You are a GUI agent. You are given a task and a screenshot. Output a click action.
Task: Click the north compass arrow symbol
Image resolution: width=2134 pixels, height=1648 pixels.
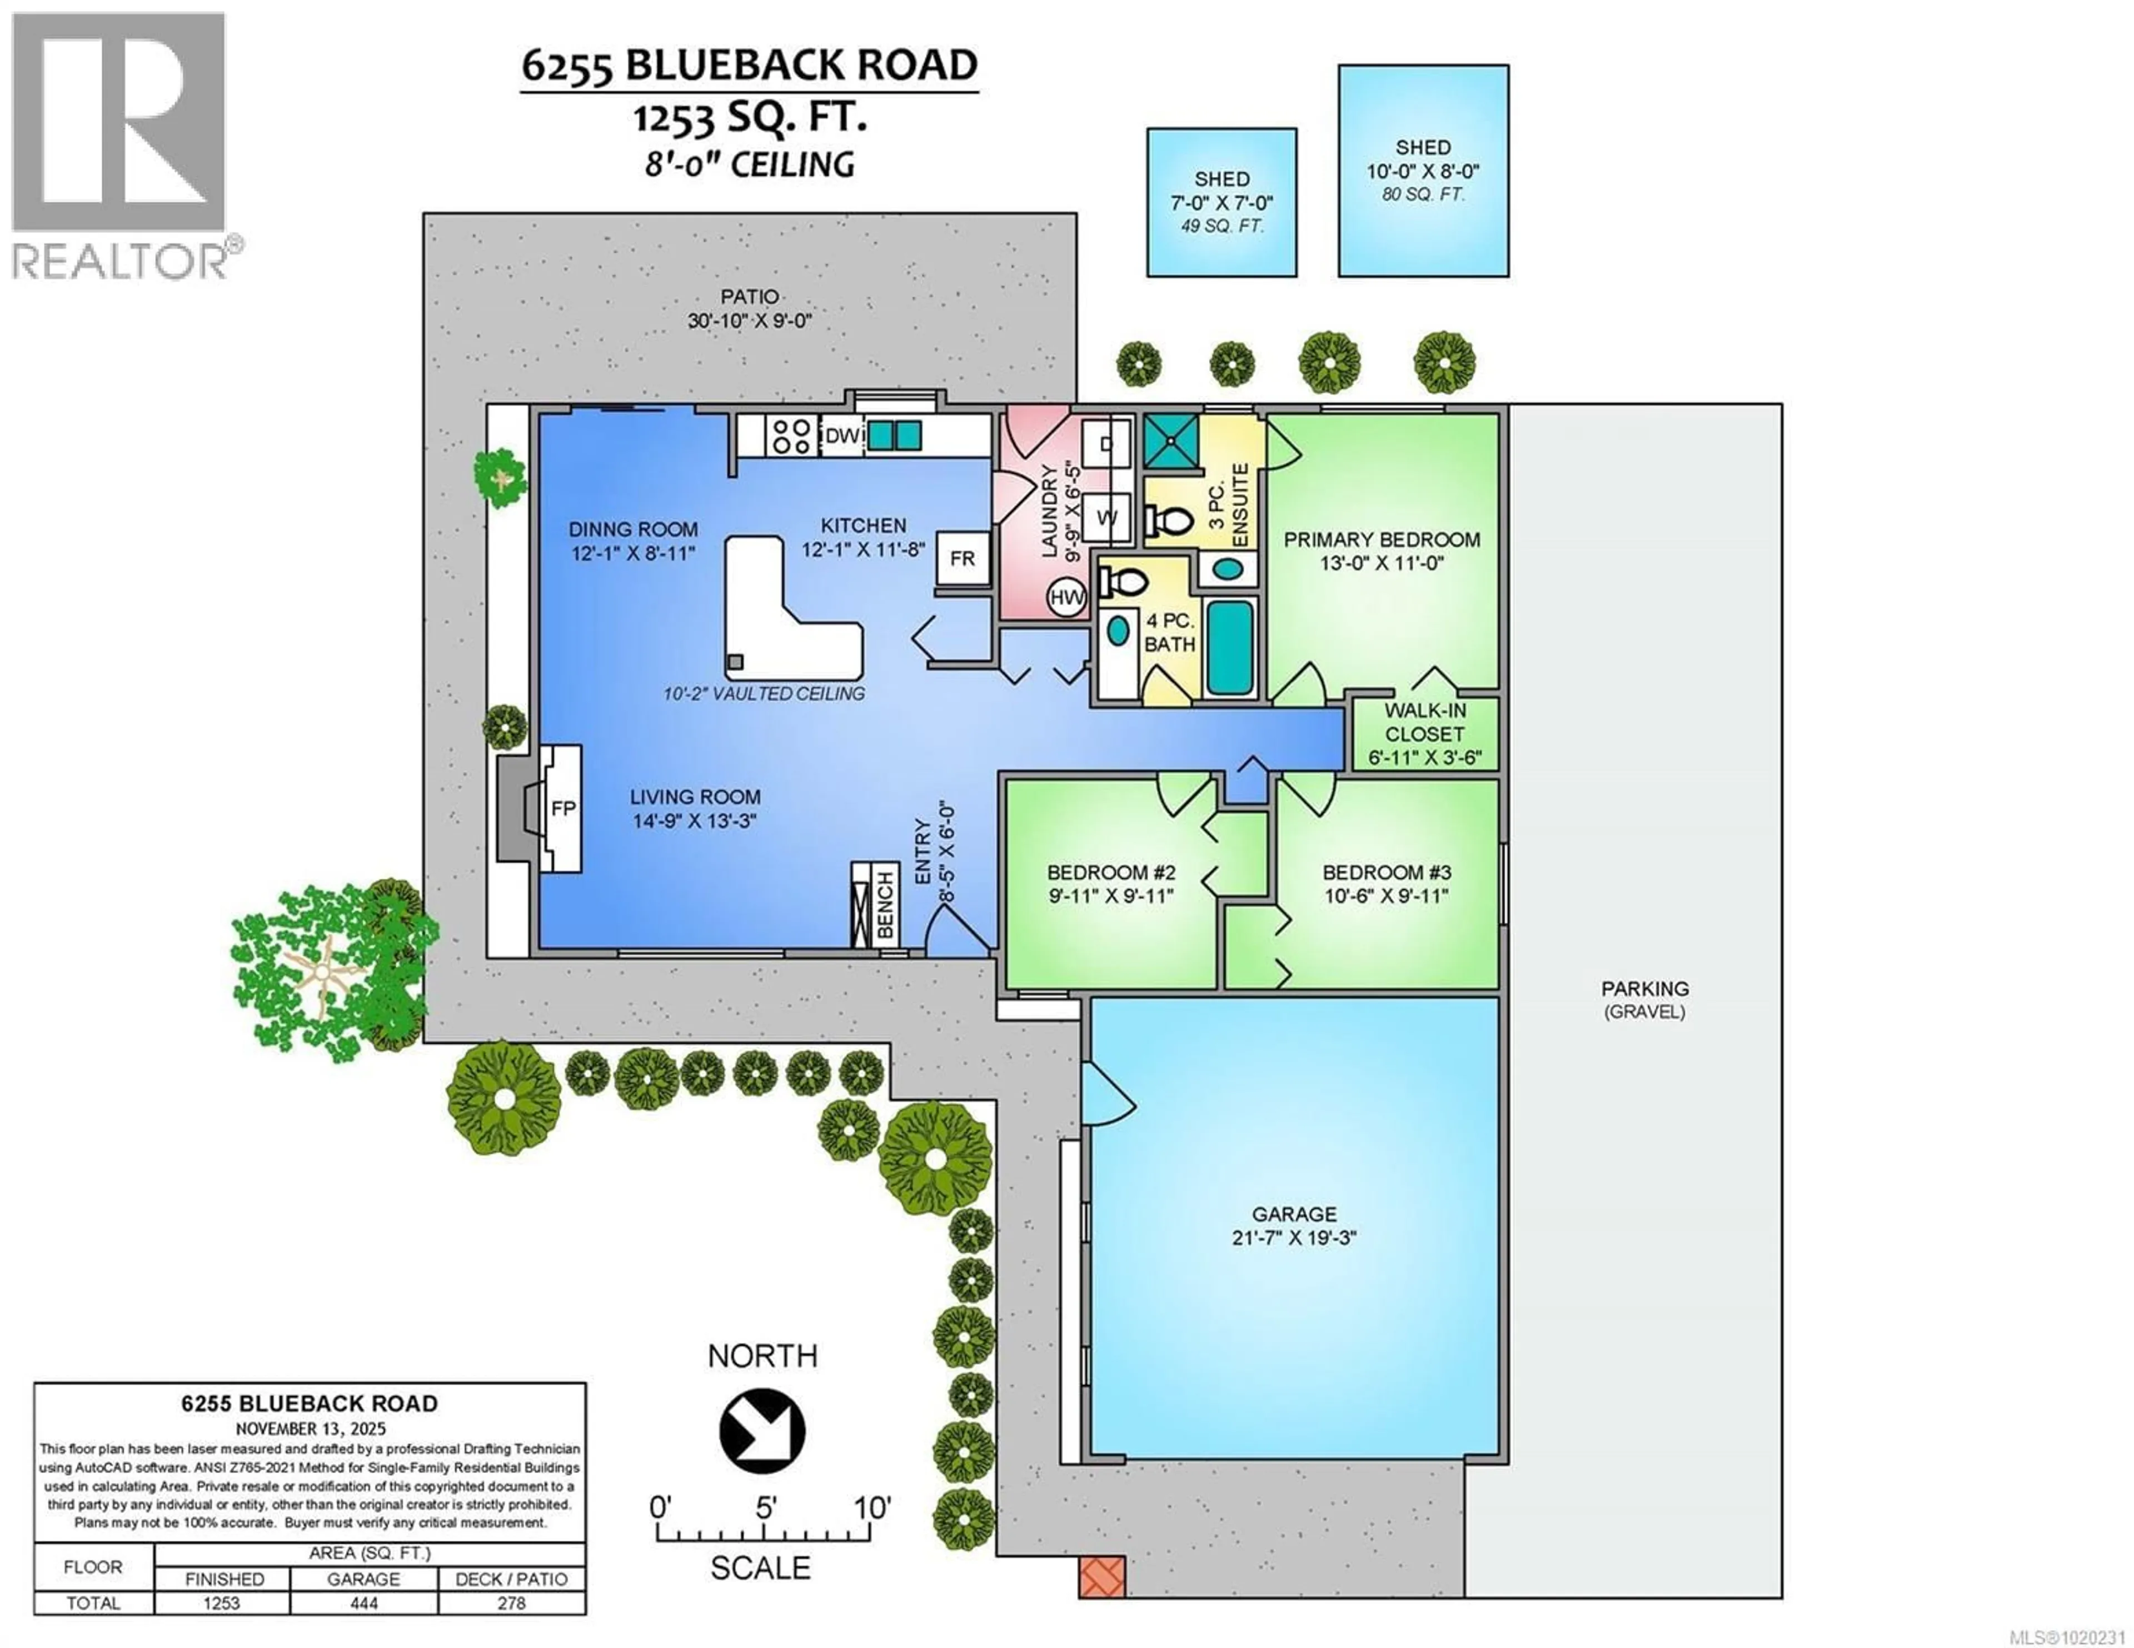coord(762,1431)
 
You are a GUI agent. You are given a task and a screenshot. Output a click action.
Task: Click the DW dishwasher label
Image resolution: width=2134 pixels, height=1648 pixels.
coord(842,435)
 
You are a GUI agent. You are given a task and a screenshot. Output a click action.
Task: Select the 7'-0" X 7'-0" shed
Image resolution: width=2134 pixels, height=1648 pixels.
coord(1221,202)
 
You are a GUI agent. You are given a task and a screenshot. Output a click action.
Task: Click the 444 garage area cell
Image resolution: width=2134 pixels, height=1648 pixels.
coord(363,1603)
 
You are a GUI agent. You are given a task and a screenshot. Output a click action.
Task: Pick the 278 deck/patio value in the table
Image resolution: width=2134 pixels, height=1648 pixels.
coord(511,1603)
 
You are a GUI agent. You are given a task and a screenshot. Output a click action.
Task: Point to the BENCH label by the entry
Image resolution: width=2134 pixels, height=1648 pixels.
coord(885,905)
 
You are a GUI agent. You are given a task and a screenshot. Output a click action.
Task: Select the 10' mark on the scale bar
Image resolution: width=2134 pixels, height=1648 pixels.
coord(871,1509)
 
